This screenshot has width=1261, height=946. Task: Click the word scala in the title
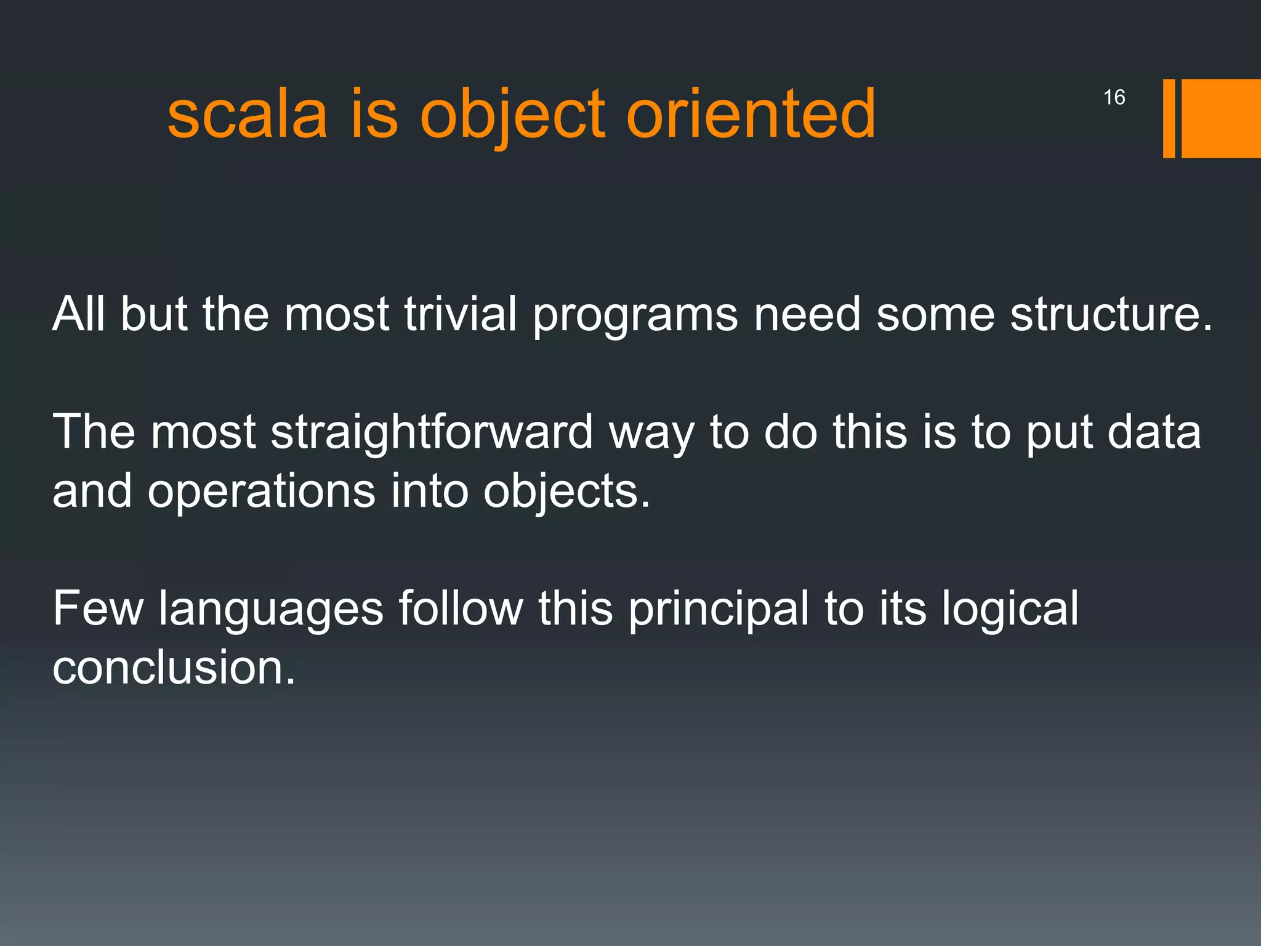pos(247,115)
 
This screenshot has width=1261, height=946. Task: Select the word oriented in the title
pos(751,115)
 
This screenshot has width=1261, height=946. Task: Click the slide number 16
pos(1114,97)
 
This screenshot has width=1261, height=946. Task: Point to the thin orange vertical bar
pos(1169,118)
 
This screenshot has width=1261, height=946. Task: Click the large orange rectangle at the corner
pos(1220,118)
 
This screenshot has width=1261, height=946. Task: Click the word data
pos(1154,432)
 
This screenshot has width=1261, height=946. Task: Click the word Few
pos(97,608)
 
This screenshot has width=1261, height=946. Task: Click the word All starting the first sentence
pos(78,314)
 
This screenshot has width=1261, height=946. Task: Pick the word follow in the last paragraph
pos(461,608)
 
